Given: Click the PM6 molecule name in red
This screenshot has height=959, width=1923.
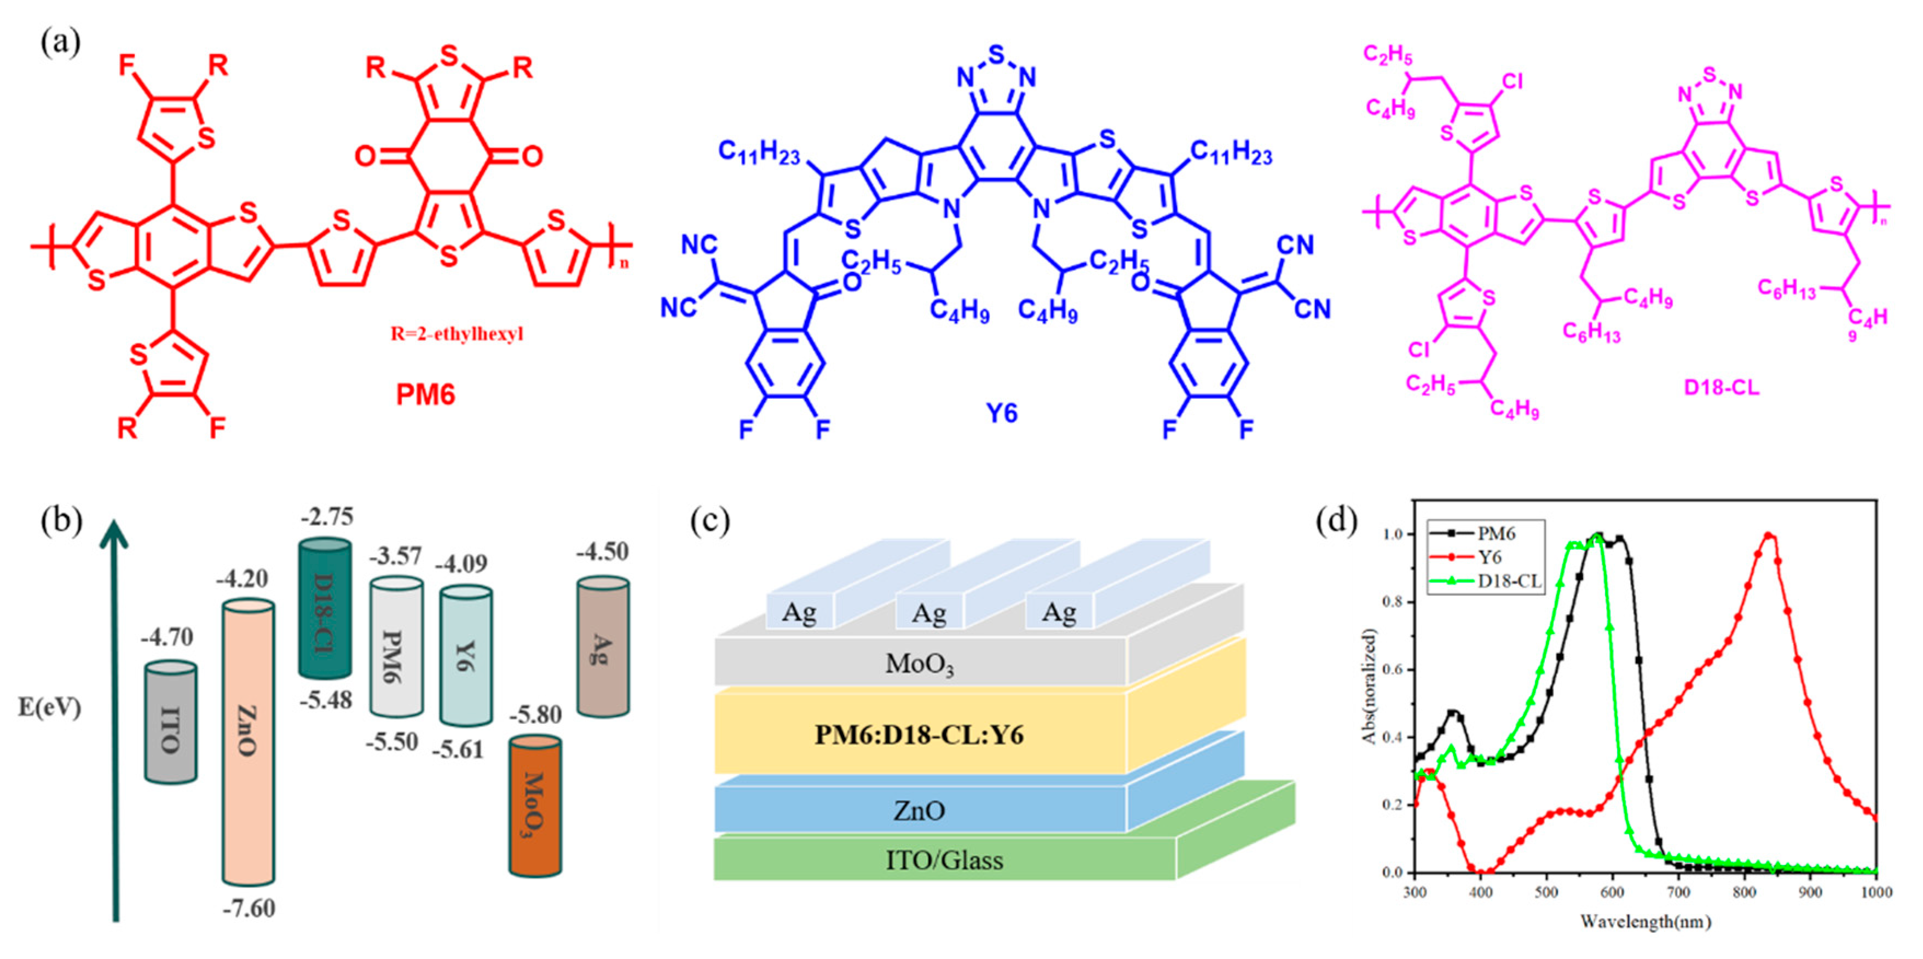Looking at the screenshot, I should pos(425,394).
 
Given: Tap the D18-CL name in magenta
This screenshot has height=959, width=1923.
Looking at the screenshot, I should pos(1722,388).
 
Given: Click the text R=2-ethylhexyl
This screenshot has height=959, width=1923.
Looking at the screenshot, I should pos(457,334).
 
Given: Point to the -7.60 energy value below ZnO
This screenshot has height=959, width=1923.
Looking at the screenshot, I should pos(249,908).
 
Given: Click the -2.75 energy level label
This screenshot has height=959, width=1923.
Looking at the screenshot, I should pos(327,516).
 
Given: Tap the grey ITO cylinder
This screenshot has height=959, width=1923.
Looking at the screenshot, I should pos(171,723).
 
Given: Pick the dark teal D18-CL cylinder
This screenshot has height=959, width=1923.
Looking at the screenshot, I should pos(324,608).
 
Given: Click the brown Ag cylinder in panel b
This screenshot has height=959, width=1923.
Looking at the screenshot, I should pos(603,647).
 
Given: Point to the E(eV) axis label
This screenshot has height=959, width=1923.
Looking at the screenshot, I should pos(49,707).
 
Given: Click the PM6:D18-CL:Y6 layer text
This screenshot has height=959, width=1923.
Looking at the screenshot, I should pos(919,735).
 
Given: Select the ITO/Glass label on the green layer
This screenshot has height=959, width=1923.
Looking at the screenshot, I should pos(944,861).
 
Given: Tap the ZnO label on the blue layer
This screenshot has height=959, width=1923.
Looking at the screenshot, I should pos(919,811).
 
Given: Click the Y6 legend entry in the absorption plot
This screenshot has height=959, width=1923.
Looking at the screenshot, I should pos(1490,557).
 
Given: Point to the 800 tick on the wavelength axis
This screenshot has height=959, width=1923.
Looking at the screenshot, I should pos(1745,893).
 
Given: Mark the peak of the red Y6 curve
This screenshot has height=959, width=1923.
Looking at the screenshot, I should pos(1767,535).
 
